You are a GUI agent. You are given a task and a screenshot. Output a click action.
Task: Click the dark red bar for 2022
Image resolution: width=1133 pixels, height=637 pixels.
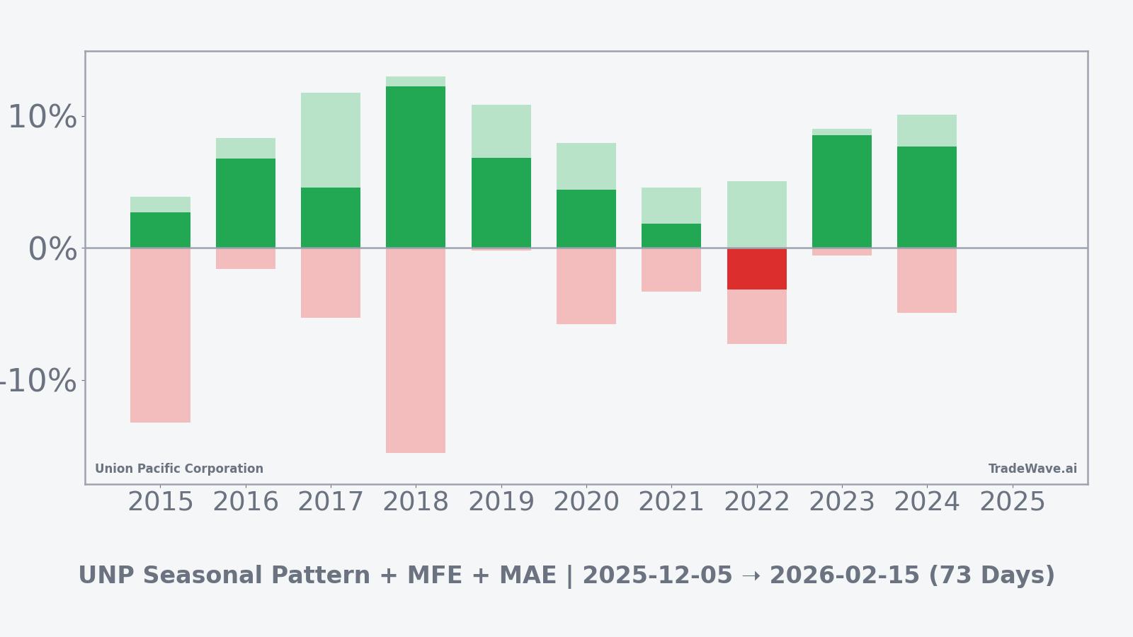pos(756,269)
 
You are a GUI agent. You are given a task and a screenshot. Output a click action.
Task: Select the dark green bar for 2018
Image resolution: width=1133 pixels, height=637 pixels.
pos(416,167)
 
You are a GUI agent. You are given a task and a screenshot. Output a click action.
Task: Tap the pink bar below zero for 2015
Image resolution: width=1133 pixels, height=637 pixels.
pos(160,335)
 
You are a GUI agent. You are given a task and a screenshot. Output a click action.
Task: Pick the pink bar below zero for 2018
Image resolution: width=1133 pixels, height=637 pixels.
pos(416,350)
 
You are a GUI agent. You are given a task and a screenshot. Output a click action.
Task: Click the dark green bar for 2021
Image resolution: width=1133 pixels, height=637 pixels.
pos(671,236)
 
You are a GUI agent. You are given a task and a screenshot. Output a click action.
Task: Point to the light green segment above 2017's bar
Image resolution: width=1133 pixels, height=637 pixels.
pos(331,140)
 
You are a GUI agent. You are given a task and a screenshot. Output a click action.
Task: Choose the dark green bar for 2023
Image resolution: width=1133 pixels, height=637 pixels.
pos(841,191)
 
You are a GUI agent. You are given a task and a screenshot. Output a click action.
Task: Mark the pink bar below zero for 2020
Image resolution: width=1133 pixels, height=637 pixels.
pos(586,286)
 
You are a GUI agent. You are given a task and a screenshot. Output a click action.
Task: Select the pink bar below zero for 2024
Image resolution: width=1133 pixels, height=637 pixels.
pos(926,280)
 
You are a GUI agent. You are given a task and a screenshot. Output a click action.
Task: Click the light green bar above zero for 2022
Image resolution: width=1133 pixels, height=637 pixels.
pos(756,214)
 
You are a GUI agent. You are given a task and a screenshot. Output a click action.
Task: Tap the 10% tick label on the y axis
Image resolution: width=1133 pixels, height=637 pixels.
pos(42,117)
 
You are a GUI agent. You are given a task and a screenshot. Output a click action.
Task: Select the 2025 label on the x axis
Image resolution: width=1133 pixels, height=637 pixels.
pos(1012,502)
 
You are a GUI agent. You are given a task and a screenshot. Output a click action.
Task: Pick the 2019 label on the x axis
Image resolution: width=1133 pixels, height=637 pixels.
pos(501,502)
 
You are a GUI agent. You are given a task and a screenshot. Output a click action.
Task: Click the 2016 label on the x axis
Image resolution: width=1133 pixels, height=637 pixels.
pos(246,502)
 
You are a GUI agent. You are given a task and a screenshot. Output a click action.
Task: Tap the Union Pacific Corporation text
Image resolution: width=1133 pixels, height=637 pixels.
pos(179,469)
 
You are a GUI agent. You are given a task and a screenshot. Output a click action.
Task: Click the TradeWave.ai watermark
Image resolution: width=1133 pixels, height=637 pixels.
pos(1032,469)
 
